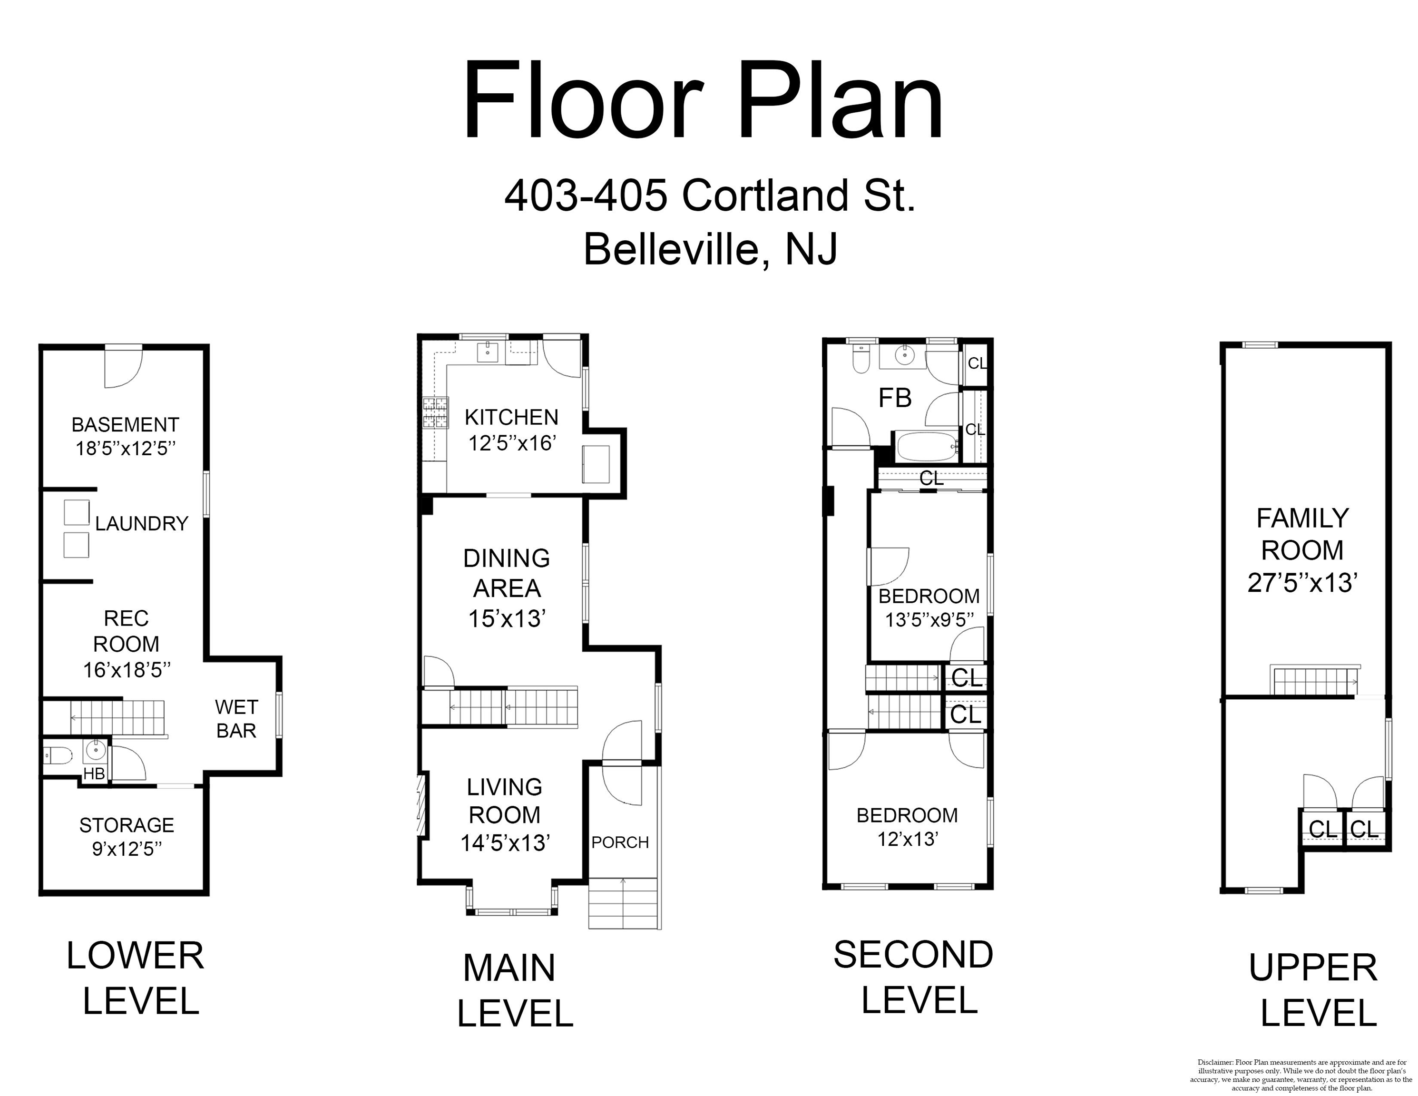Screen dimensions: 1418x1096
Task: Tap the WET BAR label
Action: [x=236, y=719]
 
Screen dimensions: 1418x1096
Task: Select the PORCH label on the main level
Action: [x=620, y=842]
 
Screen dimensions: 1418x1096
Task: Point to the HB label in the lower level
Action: [x=94, y=773]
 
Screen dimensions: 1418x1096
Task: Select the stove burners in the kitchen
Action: [x=436, y=413]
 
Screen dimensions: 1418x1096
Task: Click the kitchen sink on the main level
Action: [x=488, y=352]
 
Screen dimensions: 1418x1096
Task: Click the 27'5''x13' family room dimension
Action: [x=1302, y=582]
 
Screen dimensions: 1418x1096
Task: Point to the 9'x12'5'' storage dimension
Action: [x=127, y=849]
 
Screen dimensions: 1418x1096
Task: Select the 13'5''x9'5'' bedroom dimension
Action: [x=929, y=620]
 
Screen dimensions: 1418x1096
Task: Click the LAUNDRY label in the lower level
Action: [x=142, y=523]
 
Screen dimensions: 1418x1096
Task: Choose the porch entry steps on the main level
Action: [x=623, y=903]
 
